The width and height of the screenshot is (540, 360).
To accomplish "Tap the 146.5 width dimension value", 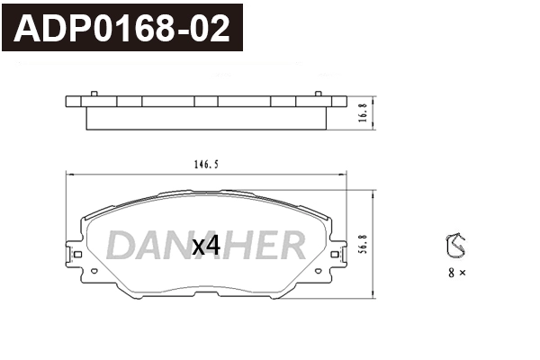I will pyautogui.click(x=206, y=165).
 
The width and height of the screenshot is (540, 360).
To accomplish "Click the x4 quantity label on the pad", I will pyautogui.click(x=206, y=245).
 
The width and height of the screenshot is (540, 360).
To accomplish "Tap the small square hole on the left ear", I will pyautogui.click(x=78, y=256).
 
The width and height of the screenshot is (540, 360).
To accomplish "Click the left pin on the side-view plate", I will pyautogui.click(x=94, y=93).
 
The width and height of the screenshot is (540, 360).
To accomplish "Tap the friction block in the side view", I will pyautogui.click(x=206, y=118).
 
